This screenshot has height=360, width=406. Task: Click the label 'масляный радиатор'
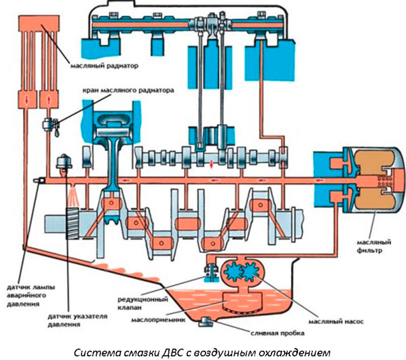coord(104,66)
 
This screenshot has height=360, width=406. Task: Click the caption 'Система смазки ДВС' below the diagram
coord(202,351)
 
